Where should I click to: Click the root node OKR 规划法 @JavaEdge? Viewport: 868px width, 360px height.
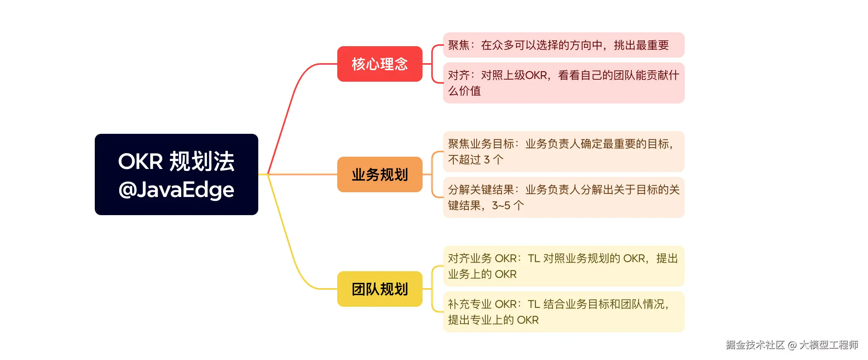176,174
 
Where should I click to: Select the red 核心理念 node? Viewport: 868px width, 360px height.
380,64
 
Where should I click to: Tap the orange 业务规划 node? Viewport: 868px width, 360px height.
380,174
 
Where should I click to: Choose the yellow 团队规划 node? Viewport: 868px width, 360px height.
380,289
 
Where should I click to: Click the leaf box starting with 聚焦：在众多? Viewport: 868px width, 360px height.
564,45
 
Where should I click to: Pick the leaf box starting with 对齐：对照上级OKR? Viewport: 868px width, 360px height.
564,83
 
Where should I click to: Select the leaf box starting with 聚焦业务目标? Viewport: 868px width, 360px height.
564,152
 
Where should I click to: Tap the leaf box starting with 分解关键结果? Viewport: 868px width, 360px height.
564,197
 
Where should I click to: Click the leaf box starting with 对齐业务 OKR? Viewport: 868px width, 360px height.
564,266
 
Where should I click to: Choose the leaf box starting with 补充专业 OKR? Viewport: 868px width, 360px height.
564,312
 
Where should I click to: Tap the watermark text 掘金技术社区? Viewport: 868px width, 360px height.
755,345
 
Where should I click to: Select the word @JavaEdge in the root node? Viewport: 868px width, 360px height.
176,190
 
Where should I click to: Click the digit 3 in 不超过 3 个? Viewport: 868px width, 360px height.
487,160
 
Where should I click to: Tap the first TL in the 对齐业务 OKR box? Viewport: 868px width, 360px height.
534,259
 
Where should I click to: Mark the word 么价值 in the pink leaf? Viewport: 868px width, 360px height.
464,91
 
